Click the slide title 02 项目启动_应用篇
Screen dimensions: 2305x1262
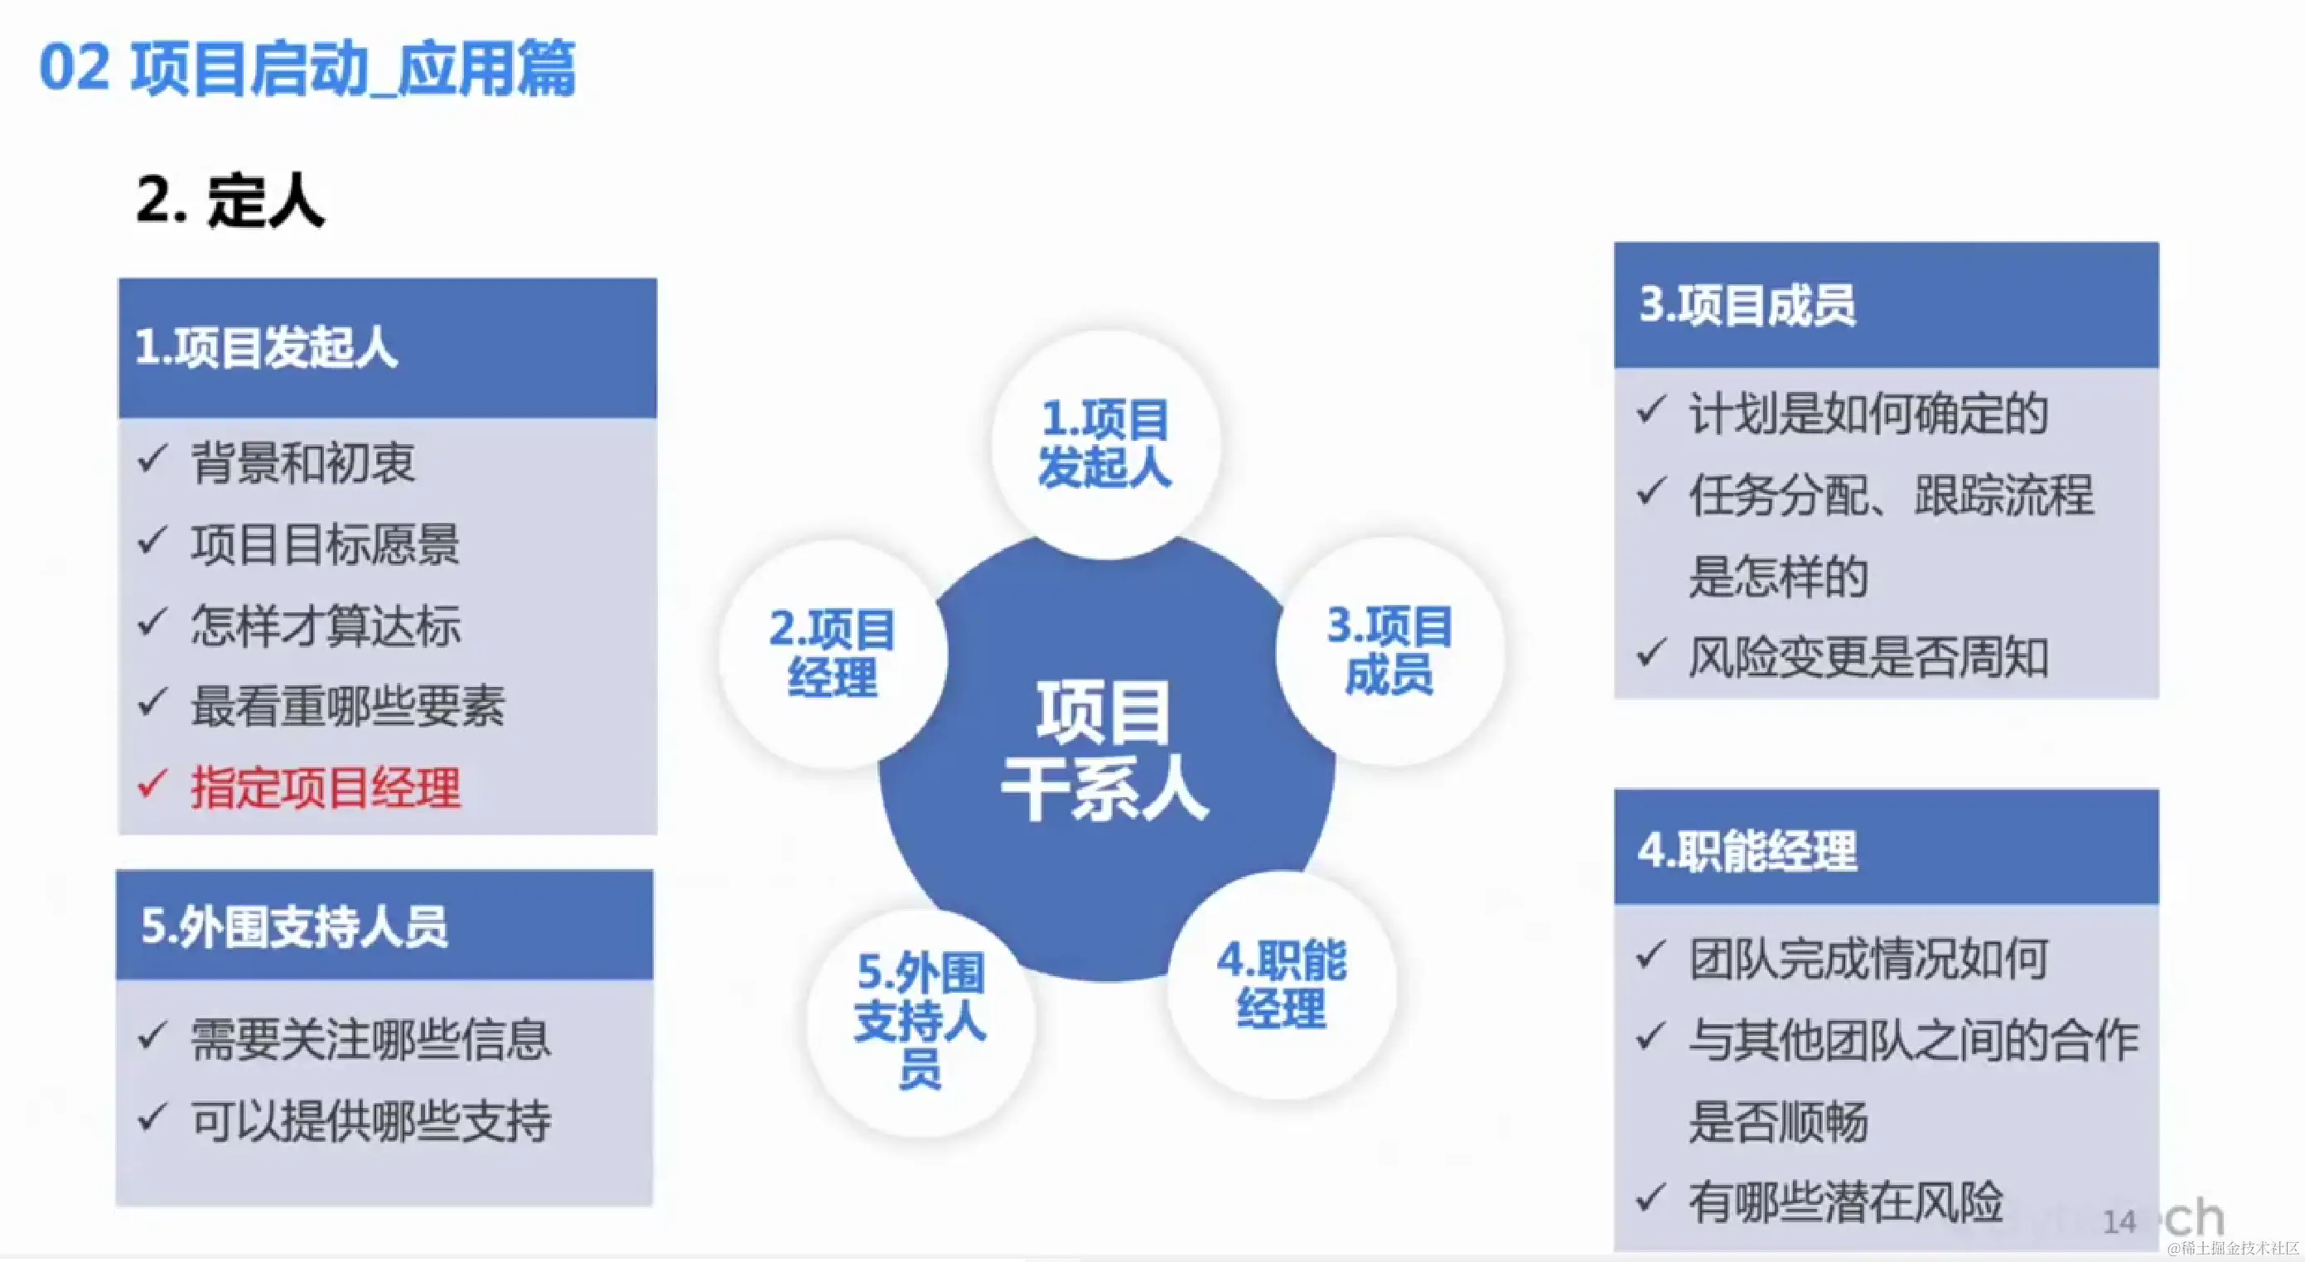pos(307,69)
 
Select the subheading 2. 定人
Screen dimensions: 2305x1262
pos(230,200)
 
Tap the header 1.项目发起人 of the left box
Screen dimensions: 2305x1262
pos(266,347)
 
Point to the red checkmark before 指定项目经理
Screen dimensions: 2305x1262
pos(152,785)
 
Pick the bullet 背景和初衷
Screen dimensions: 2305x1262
pos(303,462)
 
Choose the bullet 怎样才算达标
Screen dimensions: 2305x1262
pos(326,625)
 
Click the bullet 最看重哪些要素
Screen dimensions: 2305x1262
pos(348,706)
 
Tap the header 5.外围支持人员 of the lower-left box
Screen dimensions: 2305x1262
pos(294,926)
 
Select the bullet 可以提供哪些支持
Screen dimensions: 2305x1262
pos(371,1120)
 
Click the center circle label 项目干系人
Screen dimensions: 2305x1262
pos(1105,750)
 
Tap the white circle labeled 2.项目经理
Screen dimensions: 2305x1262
pos(833,654)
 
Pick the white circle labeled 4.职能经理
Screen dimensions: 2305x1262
pos(1282,984)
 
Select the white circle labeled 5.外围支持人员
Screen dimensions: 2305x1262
pos(921,1023)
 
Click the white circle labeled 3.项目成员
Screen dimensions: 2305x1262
pos(1389,650)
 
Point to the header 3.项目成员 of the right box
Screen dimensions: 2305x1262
pos(1747,305)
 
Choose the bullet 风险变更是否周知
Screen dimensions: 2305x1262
pos(1869,658)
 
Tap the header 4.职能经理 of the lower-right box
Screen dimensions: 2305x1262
pos(1747,850)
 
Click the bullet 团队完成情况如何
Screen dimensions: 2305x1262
pos(1869,959)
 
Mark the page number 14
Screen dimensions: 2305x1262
pos(2119,1221)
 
